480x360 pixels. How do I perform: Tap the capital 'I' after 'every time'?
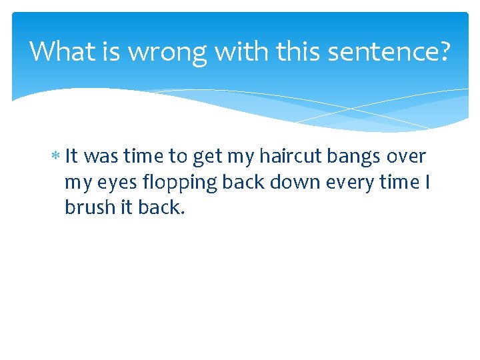427,182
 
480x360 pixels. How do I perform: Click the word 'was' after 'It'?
102,157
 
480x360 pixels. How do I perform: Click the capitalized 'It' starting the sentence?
72,157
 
